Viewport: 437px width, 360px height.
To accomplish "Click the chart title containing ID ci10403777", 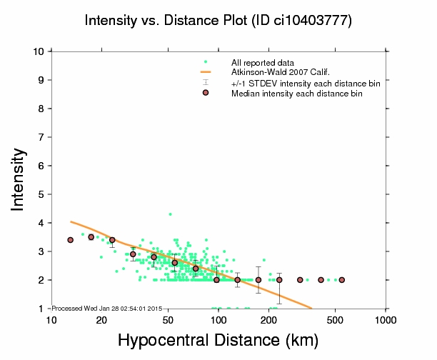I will [x=218, y=21].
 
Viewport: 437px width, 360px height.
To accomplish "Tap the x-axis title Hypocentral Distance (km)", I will [x=217, y=340].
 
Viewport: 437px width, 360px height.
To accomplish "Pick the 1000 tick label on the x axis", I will [x=386, y=319].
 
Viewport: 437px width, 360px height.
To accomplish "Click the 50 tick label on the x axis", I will [x=167, y=319].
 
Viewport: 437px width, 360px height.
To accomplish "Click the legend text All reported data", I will [x=268, y=63].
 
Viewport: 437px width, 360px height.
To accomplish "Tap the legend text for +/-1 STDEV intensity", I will [x=306, y=84].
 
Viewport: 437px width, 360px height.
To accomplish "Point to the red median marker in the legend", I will [x=206, y=93].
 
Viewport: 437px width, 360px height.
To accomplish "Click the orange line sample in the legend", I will [x=206, y=72].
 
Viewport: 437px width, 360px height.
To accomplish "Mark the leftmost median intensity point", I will [x=70, y=240].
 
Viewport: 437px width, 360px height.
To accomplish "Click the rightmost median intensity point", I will [x=342, y=280].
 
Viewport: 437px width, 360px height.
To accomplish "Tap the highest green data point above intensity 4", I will [x=170, y=214].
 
